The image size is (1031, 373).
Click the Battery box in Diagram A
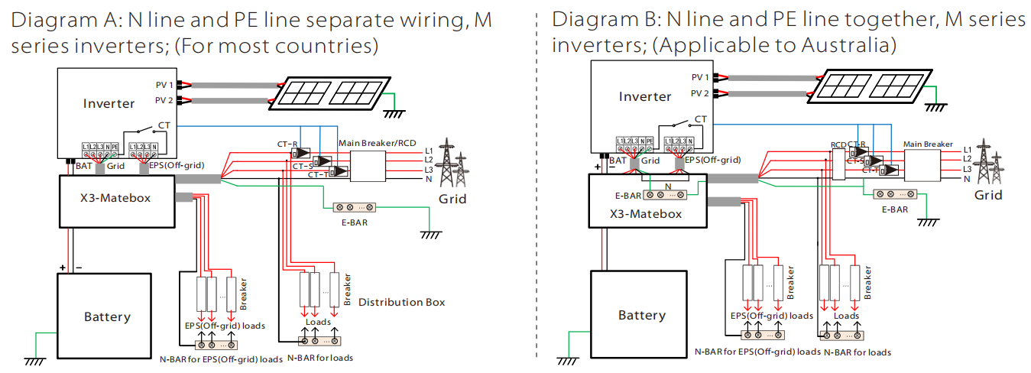pyautogui.click(x=107, y=316)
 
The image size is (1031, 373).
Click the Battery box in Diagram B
pyautogui.click(x=641, y=315)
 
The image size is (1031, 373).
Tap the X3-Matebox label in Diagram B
pyautogui.click(x=646, y=213)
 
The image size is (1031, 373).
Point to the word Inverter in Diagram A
pyautogui.click(x=109, y=103)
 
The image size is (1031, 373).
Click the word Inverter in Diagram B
pyautogui.click(x=645, y=96)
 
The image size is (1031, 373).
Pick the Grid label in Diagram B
pyautogui.click(x=987, y=195)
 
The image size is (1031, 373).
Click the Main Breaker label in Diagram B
pyautogui.click(x=928, y=144)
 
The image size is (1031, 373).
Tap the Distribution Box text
pyautogui.click(x=401, y=302)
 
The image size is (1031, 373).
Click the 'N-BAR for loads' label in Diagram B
pyautogui.click(x=857, y=352)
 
